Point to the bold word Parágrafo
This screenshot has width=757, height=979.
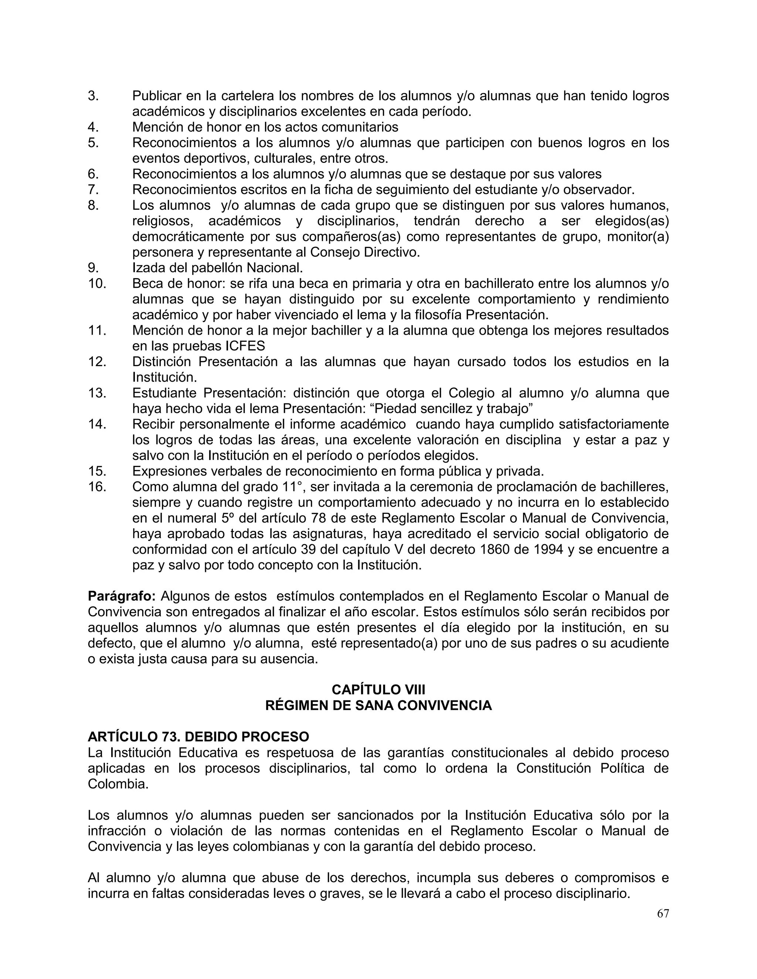pyautogui.click(x=122, y=597)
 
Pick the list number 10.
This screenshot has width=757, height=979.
pyautogui.click(x=97, y=284)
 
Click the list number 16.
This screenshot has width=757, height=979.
pyautogui.click(x=97, y=487)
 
